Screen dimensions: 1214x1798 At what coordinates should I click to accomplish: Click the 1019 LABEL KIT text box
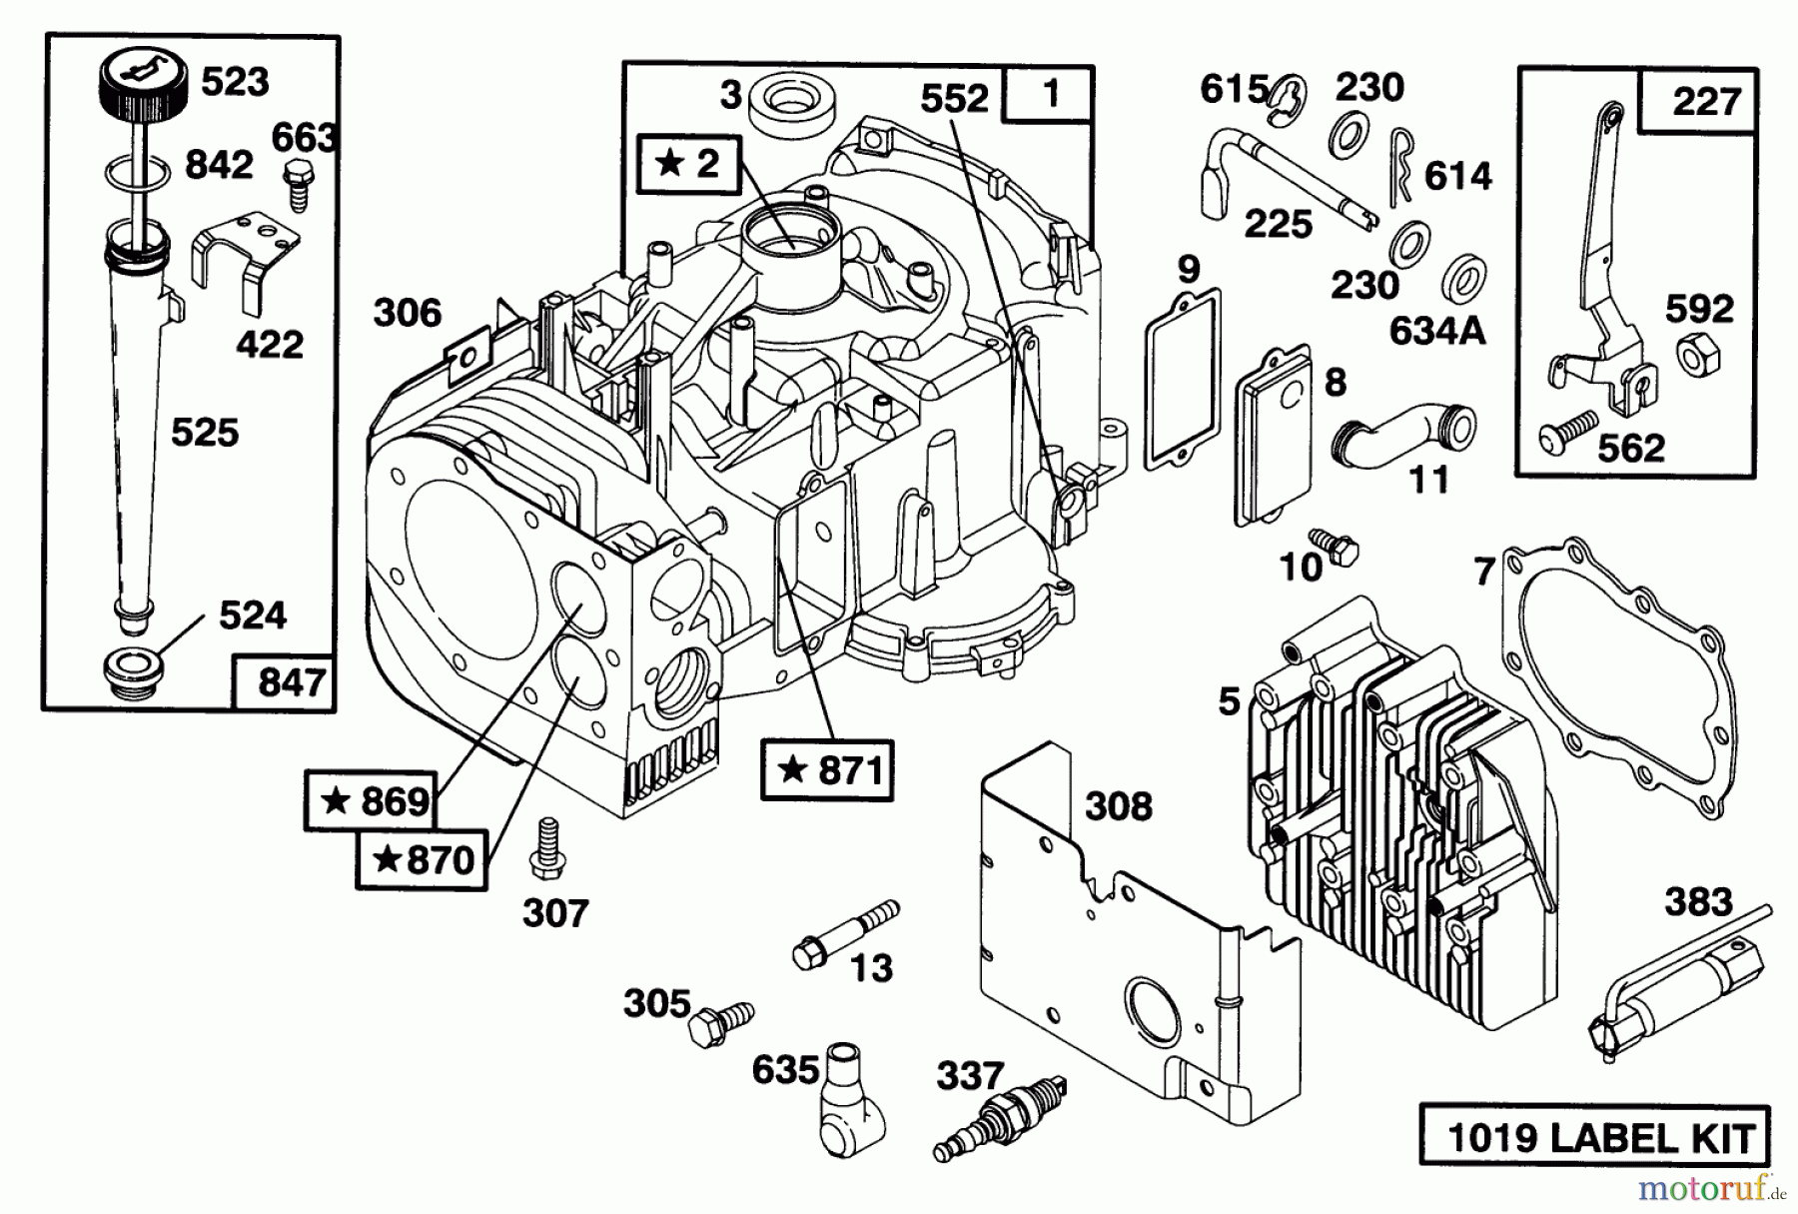[x=1594, y=1136]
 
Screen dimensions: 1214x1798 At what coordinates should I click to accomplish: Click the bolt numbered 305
[x=719, y=1023]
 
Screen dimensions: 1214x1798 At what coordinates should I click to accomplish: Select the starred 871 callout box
[x=827, y=770]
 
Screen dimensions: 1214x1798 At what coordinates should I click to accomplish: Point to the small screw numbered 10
[x=1335, y=545]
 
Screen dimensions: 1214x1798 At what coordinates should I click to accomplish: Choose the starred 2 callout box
[x=688, y=163]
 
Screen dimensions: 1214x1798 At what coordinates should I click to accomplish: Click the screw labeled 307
[x=546, y=850]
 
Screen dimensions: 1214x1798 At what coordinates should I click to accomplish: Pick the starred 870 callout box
[x=422, y=859]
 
